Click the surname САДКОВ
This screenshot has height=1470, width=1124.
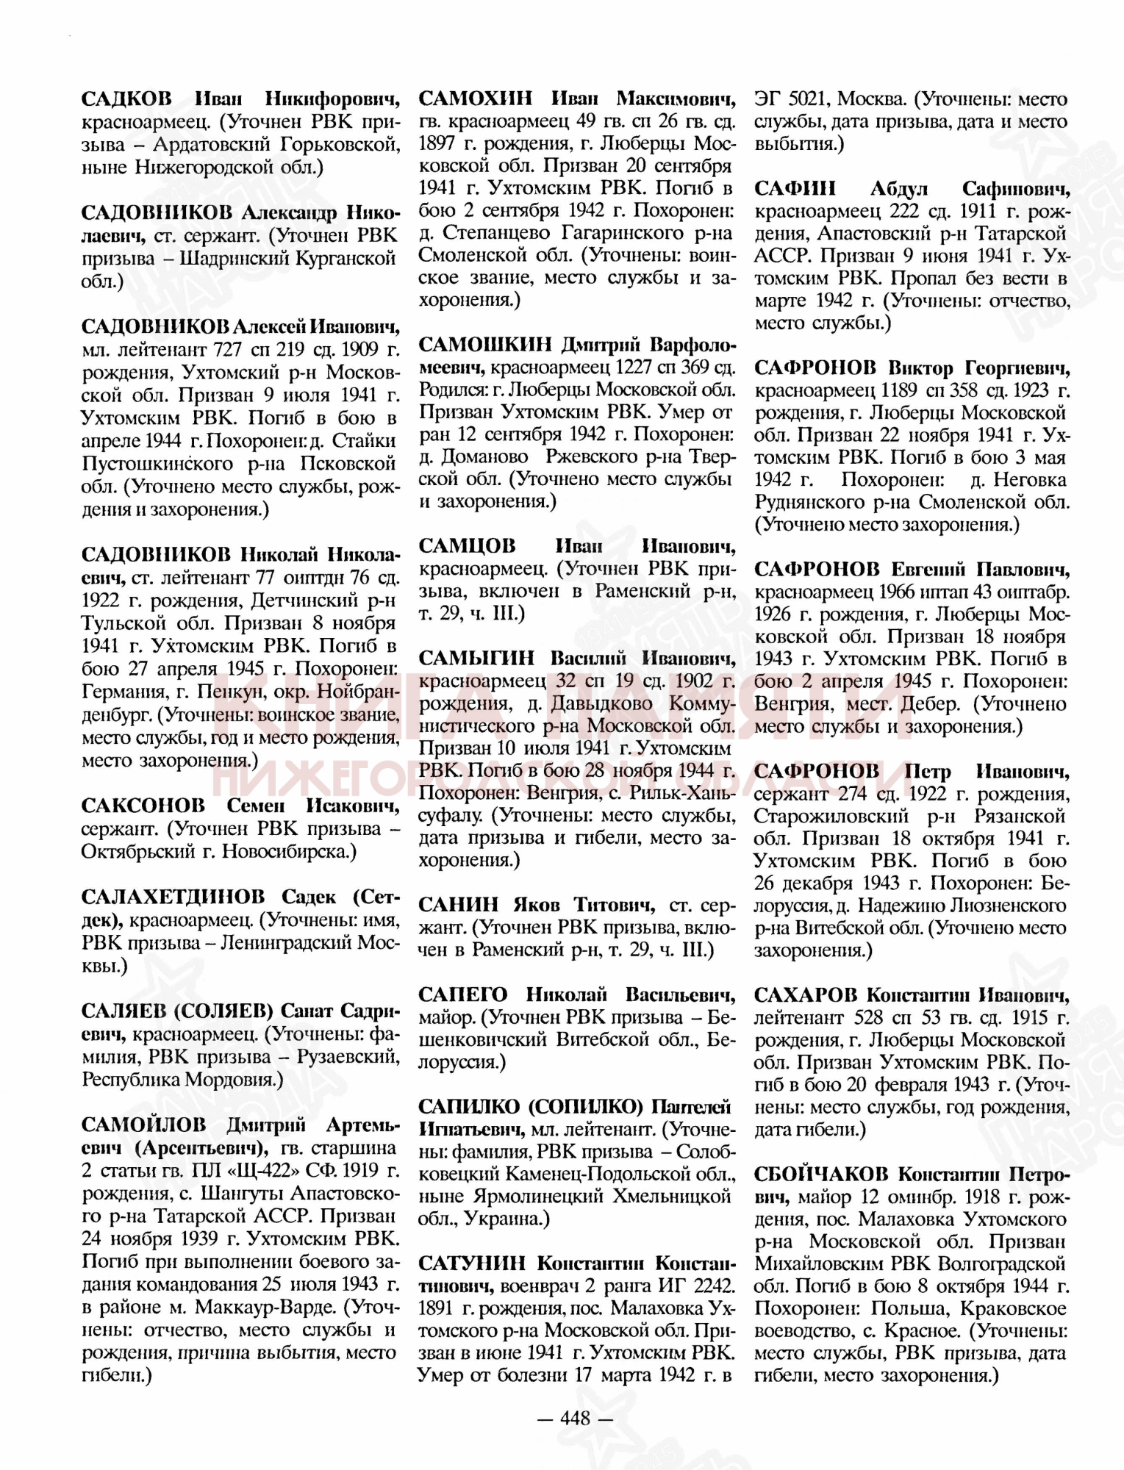(x=126, y=98)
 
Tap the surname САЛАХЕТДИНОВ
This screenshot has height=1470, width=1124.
(x=173, y=897)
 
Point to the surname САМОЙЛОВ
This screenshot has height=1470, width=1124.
(x=143, y=1125)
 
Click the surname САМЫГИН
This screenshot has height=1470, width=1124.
(x=476, y=658)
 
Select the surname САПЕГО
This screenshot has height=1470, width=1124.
(x=463, y=994)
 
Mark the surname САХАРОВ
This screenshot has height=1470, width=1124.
(x=806, y=994)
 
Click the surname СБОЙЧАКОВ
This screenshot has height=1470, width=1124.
(x=821, y=1174)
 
